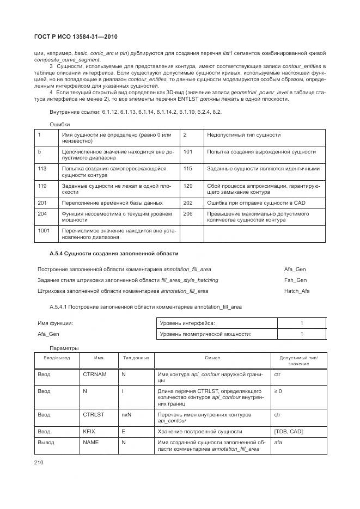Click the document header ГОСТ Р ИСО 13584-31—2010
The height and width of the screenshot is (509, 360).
(76, 37)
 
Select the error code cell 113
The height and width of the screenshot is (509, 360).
(42, 169)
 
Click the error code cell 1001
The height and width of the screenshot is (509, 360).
(45, 230)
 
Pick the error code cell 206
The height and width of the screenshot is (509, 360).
(188, 214)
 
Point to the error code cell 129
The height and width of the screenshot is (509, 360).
(188, 186)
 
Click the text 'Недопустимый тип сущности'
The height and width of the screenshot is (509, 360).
(243, 134)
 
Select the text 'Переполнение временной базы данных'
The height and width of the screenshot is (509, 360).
(112, 203)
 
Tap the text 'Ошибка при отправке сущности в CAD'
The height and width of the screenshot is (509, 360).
(257, 203)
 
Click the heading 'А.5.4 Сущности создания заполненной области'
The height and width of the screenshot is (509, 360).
(113, 254)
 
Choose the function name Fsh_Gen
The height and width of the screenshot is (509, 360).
(295, 280)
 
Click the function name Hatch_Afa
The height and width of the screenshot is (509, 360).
(297, 291)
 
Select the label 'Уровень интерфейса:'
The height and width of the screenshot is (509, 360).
(187, 323)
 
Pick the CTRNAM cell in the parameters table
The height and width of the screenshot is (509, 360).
(93, 375)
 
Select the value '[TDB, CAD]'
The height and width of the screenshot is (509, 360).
(289, 431)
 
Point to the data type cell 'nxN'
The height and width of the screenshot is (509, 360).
(126, 415)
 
